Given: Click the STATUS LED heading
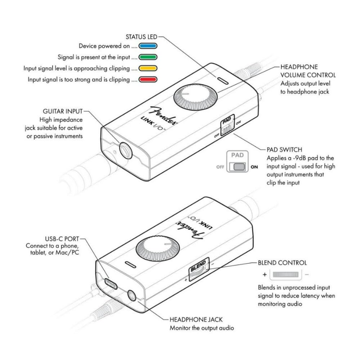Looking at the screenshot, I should pos(141,37).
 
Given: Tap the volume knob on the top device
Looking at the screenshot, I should pos(196,98).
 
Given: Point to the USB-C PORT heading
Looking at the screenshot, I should pos(62,239).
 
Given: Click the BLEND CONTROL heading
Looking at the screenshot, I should pos(282,262).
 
